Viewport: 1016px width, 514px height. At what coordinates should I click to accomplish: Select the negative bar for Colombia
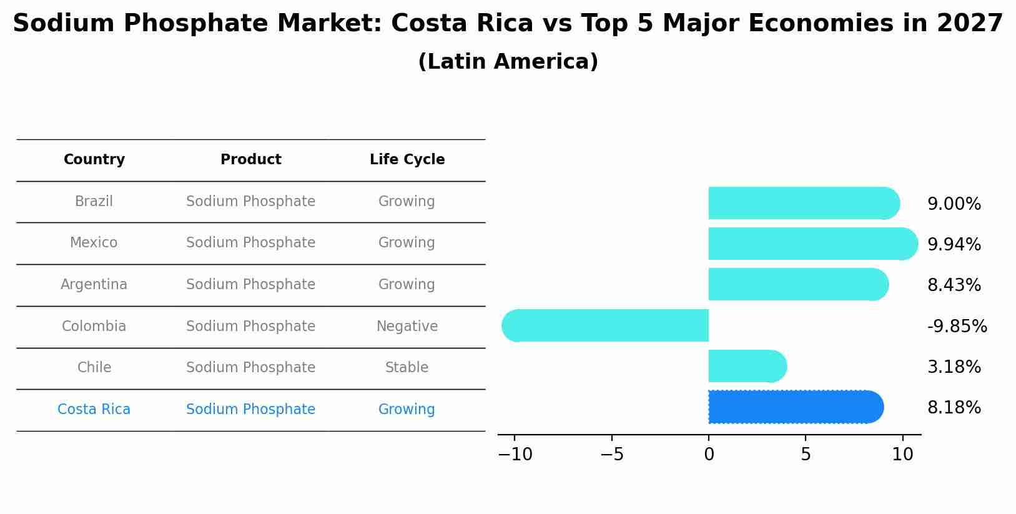point(606,325)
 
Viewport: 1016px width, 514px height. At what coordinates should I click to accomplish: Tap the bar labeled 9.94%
point(812,244)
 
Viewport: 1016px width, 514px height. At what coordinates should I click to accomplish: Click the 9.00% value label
point(954,204)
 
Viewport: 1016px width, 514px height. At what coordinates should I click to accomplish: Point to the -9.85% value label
point(957,327)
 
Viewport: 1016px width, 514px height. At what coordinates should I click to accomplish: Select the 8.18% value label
point(954,408)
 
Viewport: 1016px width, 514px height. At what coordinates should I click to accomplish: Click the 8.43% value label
point(954,285)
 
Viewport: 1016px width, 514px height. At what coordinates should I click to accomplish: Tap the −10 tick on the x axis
point(515,455)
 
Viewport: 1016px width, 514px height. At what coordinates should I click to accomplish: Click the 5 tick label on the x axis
point(806,455)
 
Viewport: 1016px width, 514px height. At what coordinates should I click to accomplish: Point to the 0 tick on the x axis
point(709,455)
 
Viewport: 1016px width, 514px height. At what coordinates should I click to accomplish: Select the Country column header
point(94,160)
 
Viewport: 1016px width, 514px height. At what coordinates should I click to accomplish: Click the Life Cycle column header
point(407,160)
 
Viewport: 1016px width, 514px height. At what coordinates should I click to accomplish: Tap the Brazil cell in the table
point(94,202)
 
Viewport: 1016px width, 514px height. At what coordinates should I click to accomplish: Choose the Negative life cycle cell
point(407,327)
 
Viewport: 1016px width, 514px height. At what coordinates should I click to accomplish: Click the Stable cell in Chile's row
point(407,368)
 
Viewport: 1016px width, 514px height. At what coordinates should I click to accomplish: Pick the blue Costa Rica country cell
point(94,410)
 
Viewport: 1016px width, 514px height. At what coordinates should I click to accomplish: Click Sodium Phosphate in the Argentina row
point(250,285)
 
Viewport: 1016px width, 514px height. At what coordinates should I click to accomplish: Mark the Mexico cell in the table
point(94,243)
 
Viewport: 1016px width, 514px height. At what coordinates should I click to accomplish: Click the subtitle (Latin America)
point(508,62)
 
